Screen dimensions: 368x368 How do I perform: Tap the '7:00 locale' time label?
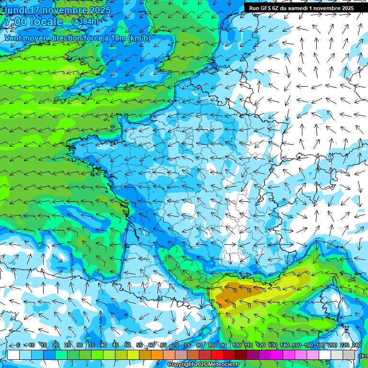(x=34, y=22)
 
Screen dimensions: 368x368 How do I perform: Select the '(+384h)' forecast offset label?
(x=85, y=22)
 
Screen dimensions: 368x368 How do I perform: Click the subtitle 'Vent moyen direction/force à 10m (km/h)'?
(x=77, y=38)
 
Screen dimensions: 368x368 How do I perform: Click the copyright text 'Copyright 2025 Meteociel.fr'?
(x=204, y=365)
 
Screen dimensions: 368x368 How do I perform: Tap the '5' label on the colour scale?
(x=18, y=345)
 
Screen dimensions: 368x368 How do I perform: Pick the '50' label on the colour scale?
(x=127, y=345)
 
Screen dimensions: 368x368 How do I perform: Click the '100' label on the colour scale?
(x=236, y=345)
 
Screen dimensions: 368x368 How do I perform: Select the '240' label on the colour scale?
(x=356, y=345)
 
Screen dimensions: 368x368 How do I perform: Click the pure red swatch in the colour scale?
(x=217, y=355)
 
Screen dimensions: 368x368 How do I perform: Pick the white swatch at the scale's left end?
(x=13, y=355)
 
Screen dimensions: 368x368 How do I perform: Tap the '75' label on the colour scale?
(x=187, y=345)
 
